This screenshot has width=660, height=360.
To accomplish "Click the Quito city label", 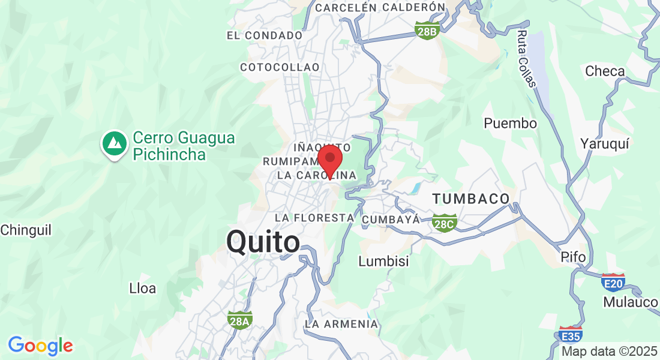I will (263, 242).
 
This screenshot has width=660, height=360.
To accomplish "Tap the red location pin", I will (329, 160).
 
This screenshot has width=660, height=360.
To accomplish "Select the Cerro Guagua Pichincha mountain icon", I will (114, 143).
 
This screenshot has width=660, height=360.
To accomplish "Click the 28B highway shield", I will (427, 31).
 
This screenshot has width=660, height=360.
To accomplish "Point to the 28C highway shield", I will (445, 223).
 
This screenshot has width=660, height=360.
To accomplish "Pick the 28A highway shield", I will (239, 320).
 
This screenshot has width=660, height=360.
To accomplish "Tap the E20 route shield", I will (613, 282).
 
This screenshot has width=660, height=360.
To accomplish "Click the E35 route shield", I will (569, 335).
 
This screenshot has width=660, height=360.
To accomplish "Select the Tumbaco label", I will (471, 198).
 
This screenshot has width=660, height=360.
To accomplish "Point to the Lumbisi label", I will (383, 261).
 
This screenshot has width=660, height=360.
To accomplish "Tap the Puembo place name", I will (510, 124).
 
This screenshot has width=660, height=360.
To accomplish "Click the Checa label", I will (605, 71).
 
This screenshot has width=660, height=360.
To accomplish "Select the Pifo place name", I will (572, 257).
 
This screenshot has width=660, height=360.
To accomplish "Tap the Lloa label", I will (143, 288).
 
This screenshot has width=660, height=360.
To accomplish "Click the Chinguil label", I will (26, 230).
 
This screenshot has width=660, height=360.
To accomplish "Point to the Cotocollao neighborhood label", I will (280, 67).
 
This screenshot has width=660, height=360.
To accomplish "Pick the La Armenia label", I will (341, 324).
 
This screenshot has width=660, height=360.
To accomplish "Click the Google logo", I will (40, 346).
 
